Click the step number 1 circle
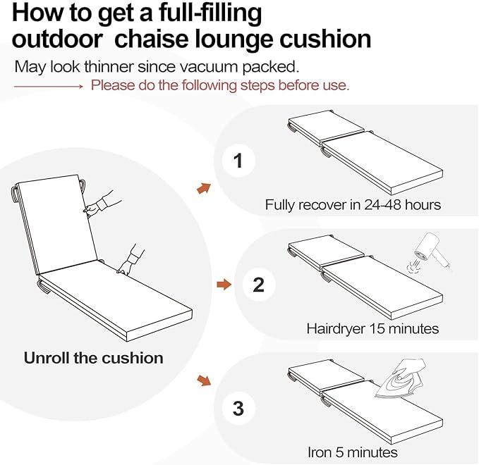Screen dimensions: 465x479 tap(238, 161)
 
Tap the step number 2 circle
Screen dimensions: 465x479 tap(258, 285)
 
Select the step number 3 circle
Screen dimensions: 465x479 tap(238, 409)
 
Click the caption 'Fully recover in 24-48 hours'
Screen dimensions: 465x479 tap(353, 205)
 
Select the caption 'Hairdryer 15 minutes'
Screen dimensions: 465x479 tap(372, 328)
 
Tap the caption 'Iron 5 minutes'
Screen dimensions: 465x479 tap(352, 452)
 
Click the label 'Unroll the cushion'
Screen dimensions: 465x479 tap(93, 357)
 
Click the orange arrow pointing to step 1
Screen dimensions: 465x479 tap(204, 187)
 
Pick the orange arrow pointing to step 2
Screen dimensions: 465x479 tap(223, 285)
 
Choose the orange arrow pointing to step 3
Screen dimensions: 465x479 tap(204, 380)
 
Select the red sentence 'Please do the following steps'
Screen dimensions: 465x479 tap(219, 86)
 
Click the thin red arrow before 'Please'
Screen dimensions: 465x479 tap(49, 86)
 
